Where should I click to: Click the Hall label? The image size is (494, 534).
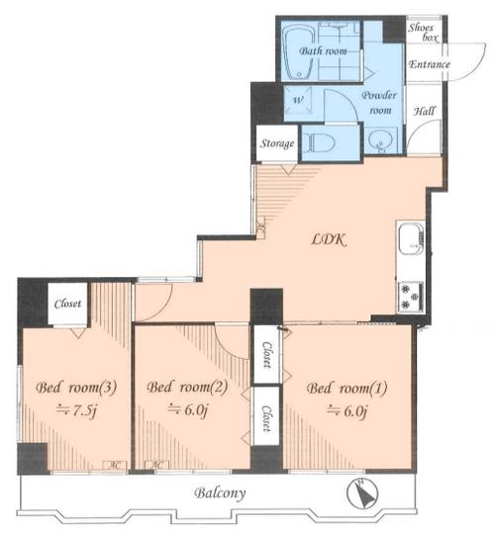[x=425, y=112]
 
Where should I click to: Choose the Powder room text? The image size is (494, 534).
[x=378, y=103]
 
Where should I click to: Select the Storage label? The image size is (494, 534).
[x=276, y=144]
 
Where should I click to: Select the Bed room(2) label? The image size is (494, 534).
[x=187, y=388]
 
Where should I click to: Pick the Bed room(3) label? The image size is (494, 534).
[x=68, y=388]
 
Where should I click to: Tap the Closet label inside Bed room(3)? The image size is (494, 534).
[x=67, y=304]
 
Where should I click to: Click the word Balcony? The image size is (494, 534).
[x=220, y=491]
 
